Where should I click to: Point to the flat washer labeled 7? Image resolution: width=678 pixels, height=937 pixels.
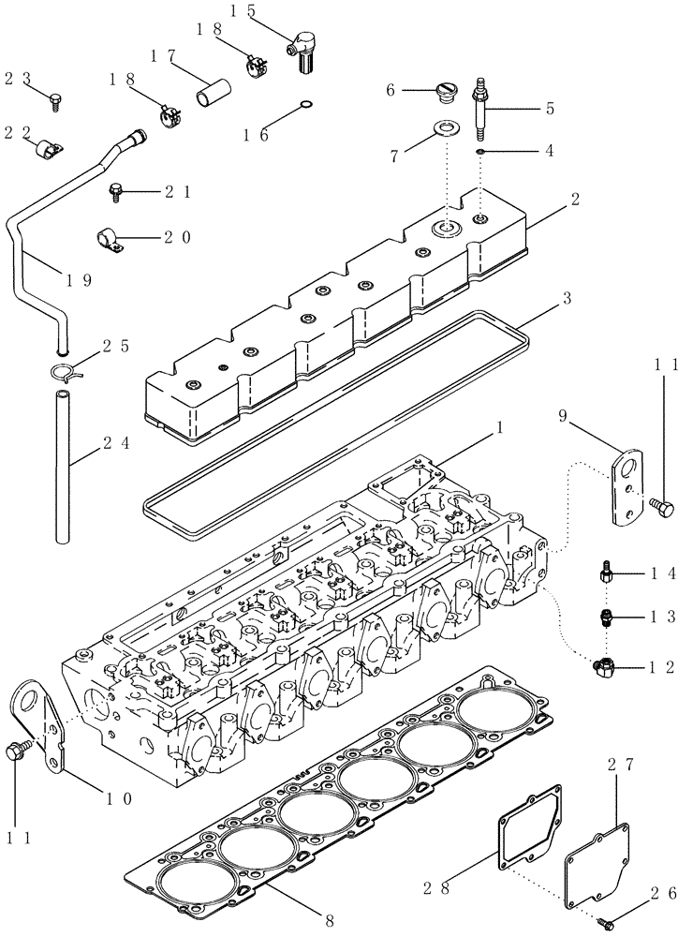click(x=449, y=127)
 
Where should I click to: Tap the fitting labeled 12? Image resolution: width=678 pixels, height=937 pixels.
click(x=602, y=666)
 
